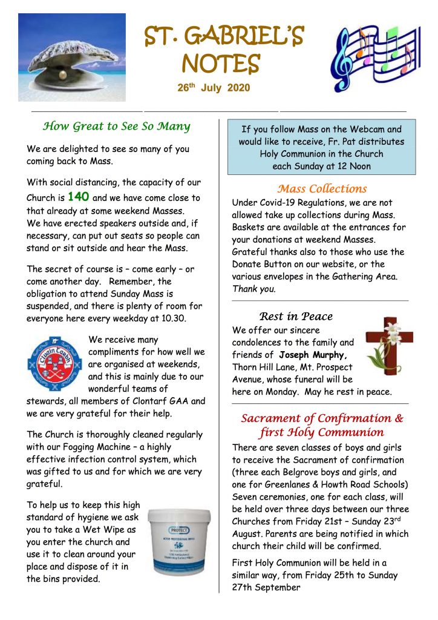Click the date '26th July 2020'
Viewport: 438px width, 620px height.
click(214, 88)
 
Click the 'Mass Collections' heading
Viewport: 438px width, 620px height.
click(322, 188)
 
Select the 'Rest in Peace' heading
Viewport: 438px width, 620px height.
click(296, 316)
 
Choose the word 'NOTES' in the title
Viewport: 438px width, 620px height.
click(221, 63)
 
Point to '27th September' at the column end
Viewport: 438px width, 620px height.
click(266, 587)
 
